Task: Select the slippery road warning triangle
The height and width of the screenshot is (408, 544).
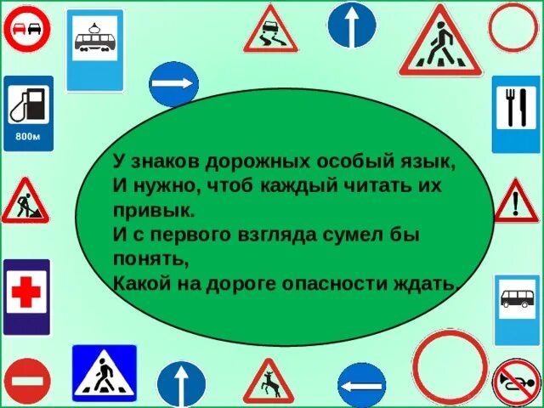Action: pyautogui.click(x=270, y=31)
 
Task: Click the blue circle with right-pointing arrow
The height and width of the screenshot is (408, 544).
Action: pyautogui.click(x=173, y=86)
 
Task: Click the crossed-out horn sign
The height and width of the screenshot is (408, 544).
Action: pyautogui.click(x=516, y=382)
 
